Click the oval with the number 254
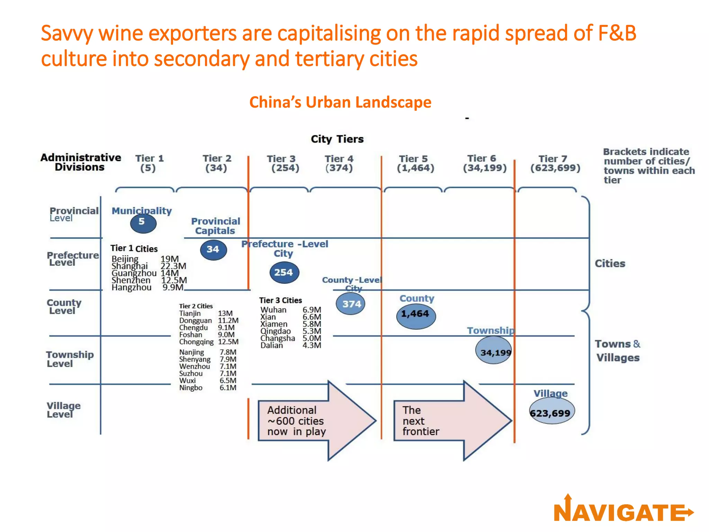[284, 272]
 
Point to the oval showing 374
[351, 304]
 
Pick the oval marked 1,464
[415, 315]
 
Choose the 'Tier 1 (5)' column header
[149, 163]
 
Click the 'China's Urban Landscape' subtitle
[340, 102]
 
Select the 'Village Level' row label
[63, 410]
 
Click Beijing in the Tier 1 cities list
[125, 259]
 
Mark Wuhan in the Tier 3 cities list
[273, 310]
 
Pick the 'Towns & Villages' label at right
[618, 351]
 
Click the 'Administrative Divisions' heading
[80, 162]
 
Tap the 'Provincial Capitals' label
[215, 226]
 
